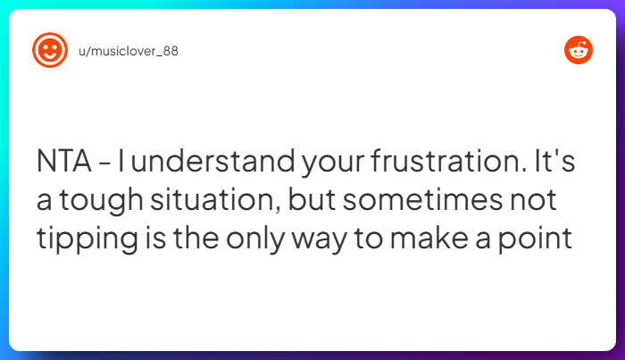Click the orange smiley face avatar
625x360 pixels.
50,50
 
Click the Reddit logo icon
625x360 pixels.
578,51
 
